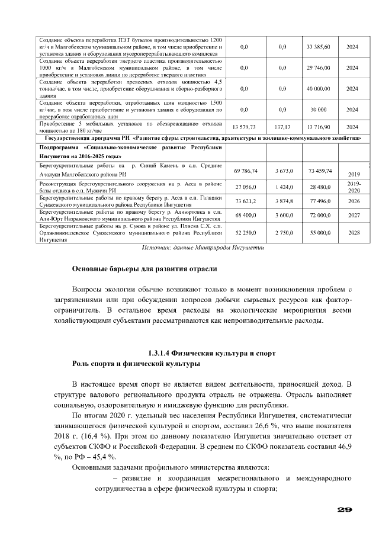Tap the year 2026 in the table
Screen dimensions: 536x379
coord(354,201)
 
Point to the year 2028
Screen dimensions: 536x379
coord(354,233)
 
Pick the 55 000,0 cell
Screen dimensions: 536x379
coord(319,233)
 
